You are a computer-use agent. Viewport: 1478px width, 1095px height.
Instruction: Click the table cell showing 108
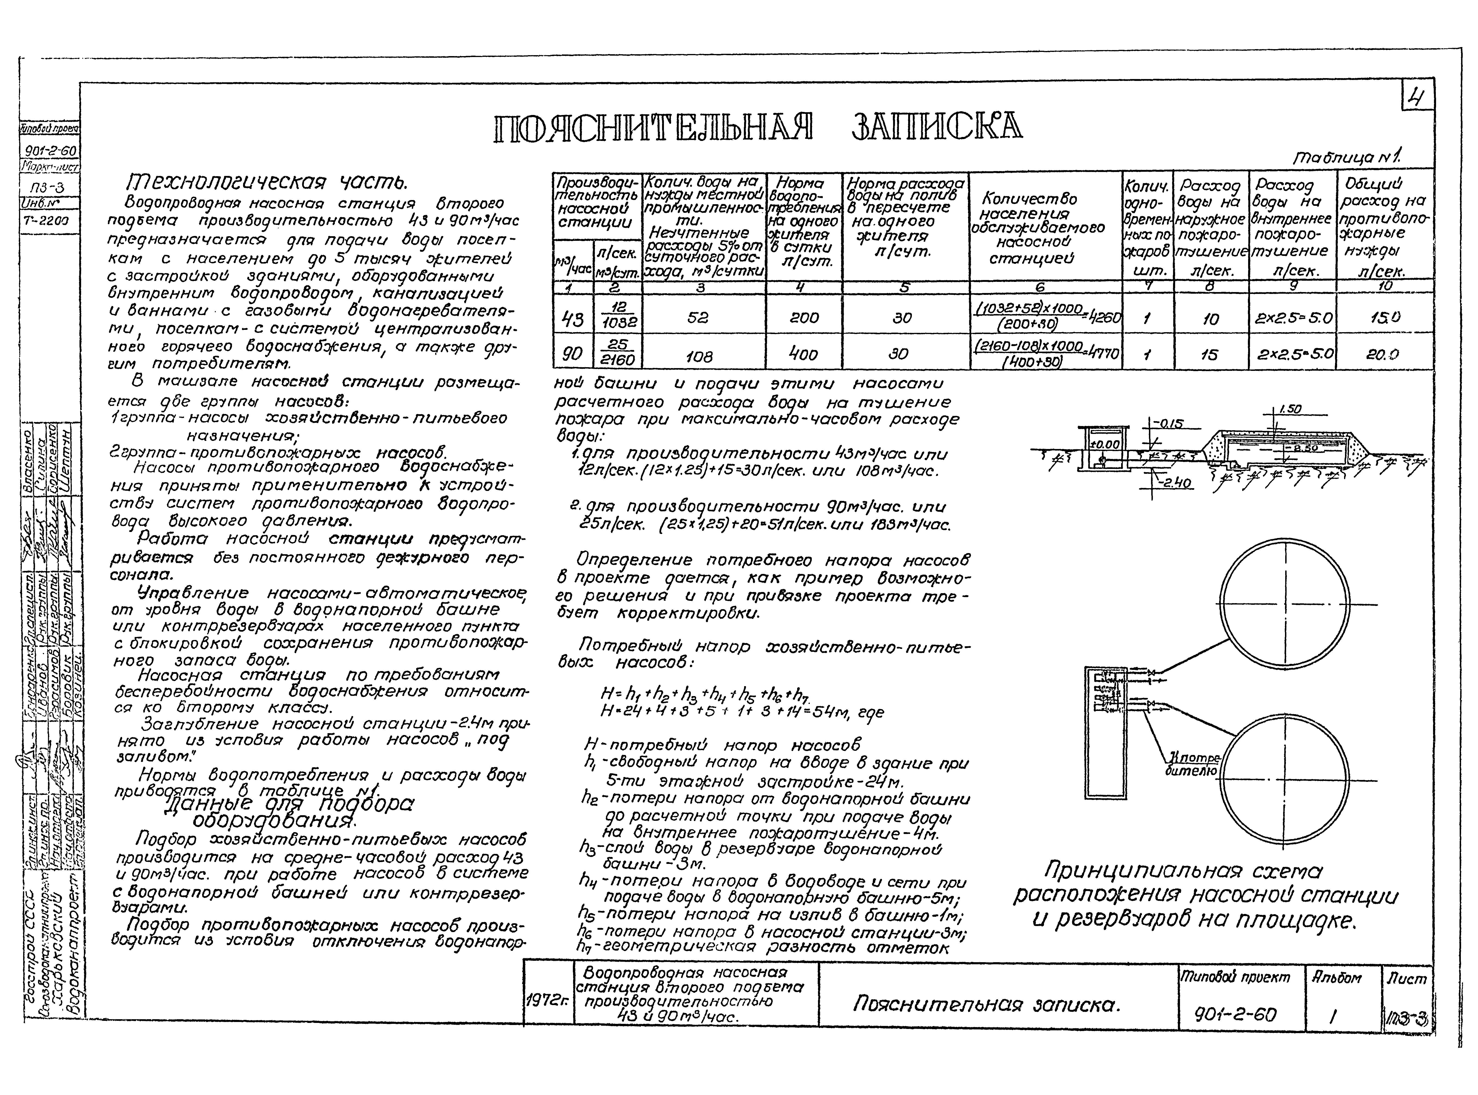pyautogui.click(x=699, y=356)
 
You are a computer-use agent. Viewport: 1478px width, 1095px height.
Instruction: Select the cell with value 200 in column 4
pyautogui.click(x=804, y=318)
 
